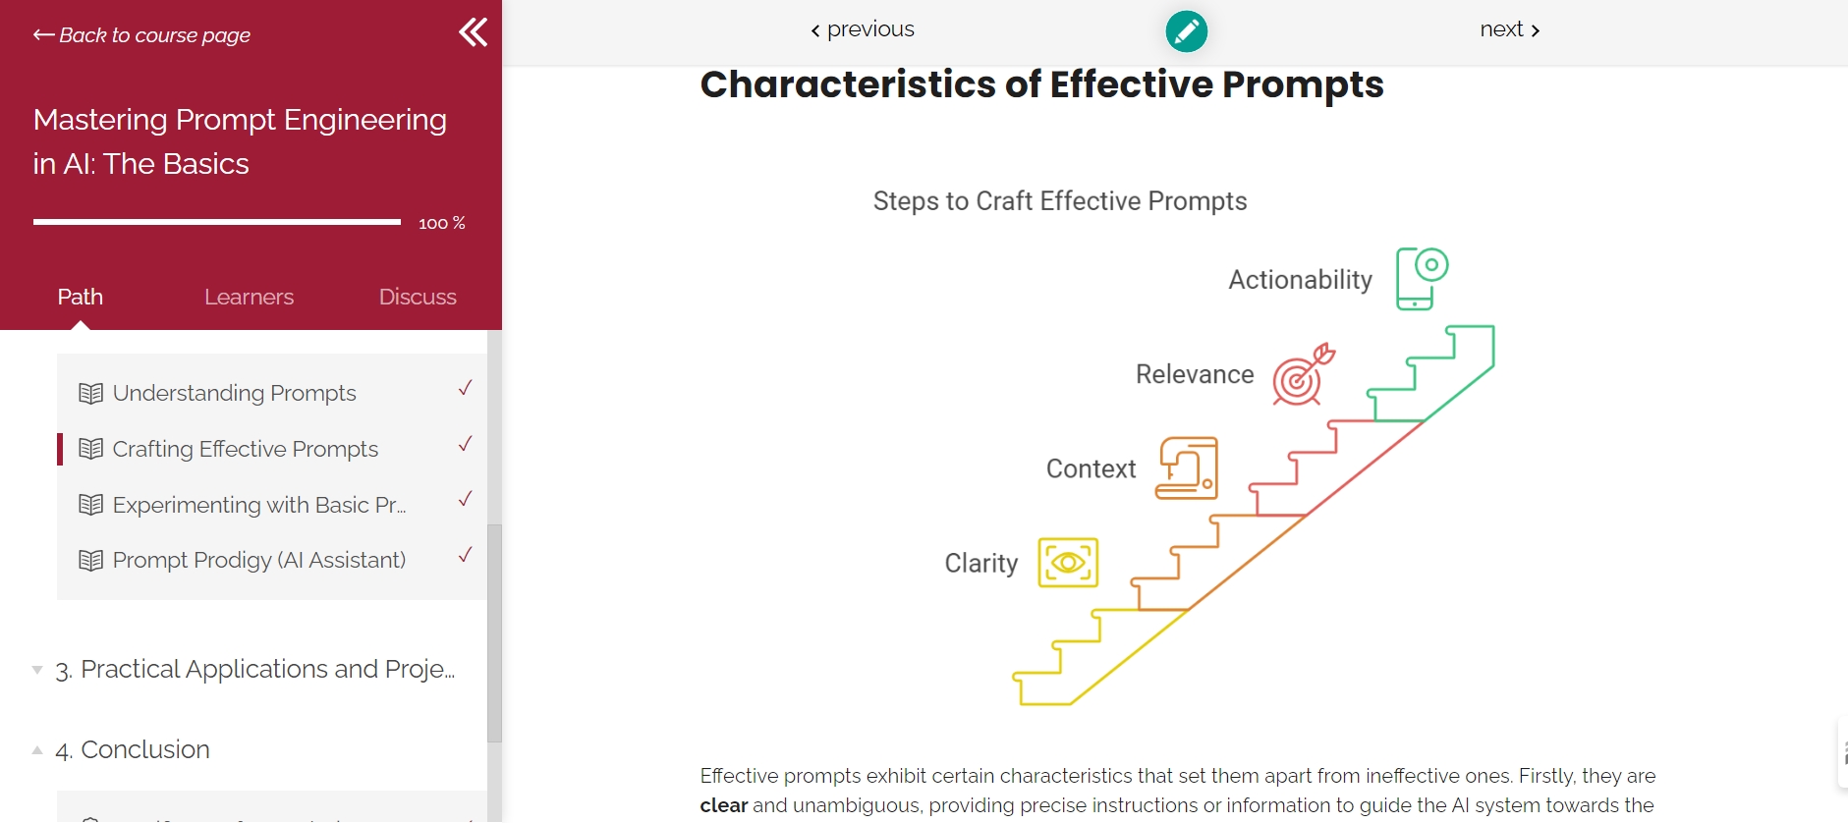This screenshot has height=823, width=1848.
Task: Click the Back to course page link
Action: point(141,35)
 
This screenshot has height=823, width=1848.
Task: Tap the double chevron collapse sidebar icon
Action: point(474,32)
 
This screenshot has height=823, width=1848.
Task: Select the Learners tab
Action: point(249,297)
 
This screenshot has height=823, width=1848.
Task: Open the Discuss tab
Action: point(418,297)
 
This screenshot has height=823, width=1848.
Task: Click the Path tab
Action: point(81,297)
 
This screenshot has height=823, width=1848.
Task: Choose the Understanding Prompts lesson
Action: point(234,393)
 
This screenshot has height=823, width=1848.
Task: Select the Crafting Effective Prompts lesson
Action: point(245,449)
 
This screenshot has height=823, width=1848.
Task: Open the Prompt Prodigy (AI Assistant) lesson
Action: point(258,560)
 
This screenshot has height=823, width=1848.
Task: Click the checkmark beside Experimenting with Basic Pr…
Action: point(466,499)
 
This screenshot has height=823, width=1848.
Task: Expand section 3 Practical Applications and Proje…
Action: point(254,669)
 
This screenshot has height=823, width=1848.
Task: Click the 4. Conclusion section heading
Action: point(132,749)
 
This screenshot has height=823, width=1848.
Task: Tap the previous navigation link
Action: point(863,29)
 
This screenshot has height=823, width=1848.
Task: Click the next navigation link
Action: point(1510,29)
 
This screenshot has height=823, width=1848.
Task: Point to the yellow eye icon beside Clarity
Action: point(1068,563)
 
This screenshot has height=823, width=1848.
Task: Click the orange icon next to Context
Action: point(1187,468)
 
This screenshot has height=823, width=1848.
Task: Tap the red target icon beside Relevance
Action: point(1304,374)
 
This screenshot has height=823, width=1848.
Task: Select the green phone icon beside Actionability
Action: point(1422,279)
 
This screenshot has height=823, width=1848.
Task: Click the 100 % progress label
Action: point(442,224)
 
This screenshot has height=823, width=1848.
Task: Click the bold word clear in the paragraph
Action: point(724,805)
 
